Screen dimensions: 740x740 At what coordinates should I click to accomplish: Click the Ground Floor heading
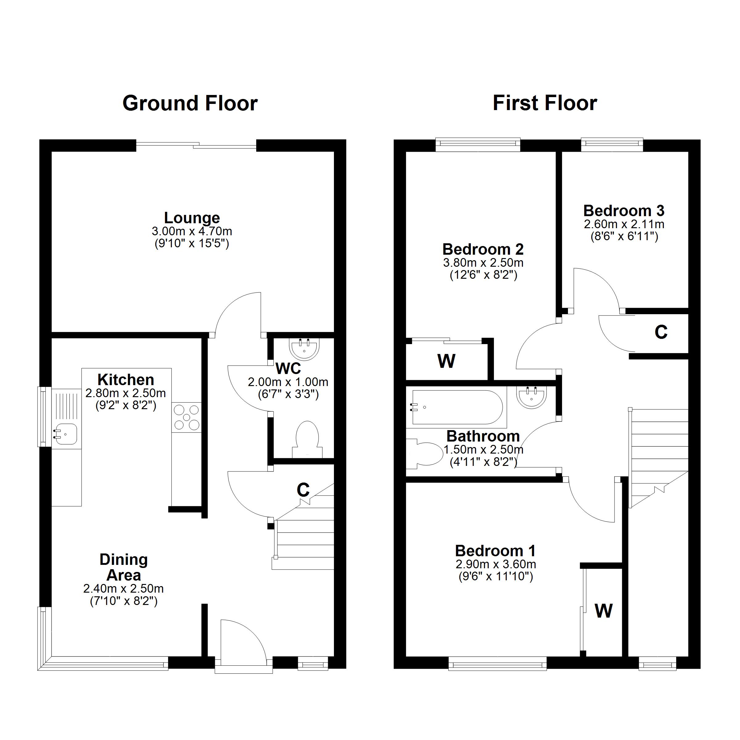[x=190, y=103]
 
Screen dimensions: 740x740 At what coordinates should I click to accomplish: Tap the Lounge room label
[x=192, y=218]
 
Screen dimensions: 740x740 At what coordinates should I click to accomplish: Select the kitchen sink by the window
[x=66, y=435]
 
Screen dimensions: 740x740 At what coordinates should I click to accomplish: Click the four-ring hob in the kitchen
[x=187, y=417]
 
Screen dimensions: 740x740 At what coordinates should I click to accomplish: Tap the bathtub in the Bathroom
[x=456, y=407]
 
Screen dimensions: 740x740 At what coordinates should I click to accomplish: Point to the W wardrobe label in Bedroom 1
[x=604, y=610]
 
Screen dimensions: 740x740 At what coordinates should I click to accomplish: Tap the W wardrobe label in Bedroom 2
[x=446, y=361]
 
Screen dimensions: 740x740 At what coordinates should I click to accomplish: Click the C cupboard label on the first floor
[x=661, y=332]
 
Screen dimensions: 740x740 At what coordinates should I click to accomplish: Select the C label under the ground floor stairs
[x=303, y=490]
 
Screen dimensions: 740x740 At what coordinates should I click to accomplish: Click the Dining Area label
[x=124, y=567]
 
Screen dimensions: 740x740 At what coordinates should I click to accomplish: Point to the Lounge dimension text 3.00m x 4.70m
[x=192, y=231]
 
